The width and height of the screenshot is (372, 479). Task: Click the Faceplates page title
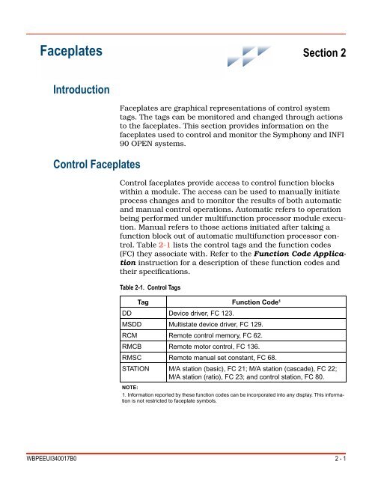point(71,52)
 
